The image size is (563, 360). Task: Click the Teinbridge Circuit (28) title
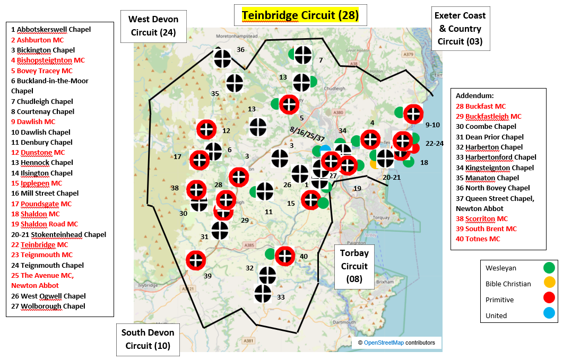[300, 15]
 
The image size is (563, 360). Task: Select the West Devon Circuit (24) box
[153, 26]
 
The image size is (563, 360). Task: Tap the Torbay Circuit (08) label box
[354, 266]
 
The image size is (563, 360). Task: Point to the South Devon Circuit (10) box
[148, 339]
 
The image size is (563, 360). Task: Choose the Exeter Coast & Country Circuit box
[460, 28]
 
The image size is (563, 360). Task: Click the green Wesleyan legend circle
[549, 268]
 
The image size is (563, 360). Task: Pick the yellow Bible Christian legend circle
[549, 283]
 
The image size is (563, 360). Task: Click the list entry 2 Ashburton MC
[40, 40]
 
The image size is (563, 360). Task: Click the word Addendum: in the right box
[474, 96]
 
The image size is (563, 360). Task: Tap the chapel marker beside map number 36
[222, 58]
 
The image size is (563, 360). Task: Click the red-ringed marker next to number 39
[196, 260]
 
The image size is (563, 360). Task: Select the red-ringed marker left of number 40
[285, 256]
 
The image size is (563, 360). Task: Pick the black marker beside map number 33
[263, 293]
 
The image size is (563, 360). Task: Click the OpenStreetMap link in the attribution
[383, 343]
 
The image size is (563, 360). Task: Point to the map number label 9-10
[433, 125]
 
